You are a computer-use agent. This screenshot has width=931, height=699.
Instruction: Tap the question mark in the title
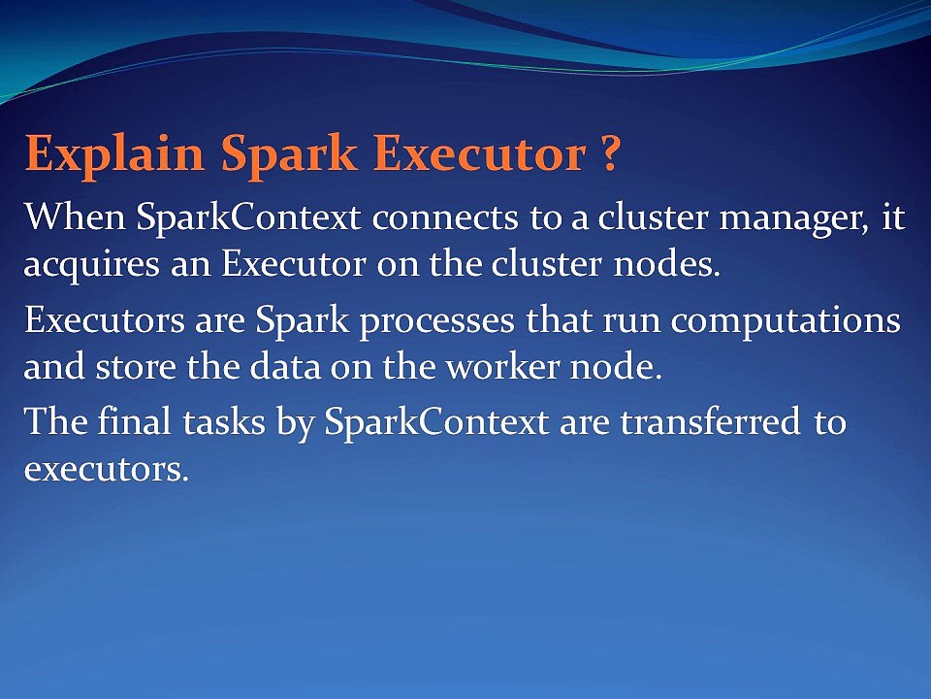click(609, 152)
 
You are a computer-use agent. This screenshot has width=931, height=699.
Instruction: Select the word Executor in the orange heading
click(480, 152)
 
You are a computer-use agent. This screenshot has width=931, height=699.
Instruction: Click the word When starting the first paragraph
click(75, 216)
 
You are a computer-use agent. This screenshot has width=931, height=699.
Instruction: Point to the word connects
click(445, 217)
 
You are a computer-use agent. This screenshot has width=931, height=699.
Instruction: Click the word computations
click(786, 322)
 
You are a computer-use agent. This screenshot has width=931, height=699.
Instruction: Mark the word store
click(136, 369)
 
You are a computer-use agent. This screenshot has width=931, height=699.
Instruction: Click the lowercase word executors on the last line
click(107, 470)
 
